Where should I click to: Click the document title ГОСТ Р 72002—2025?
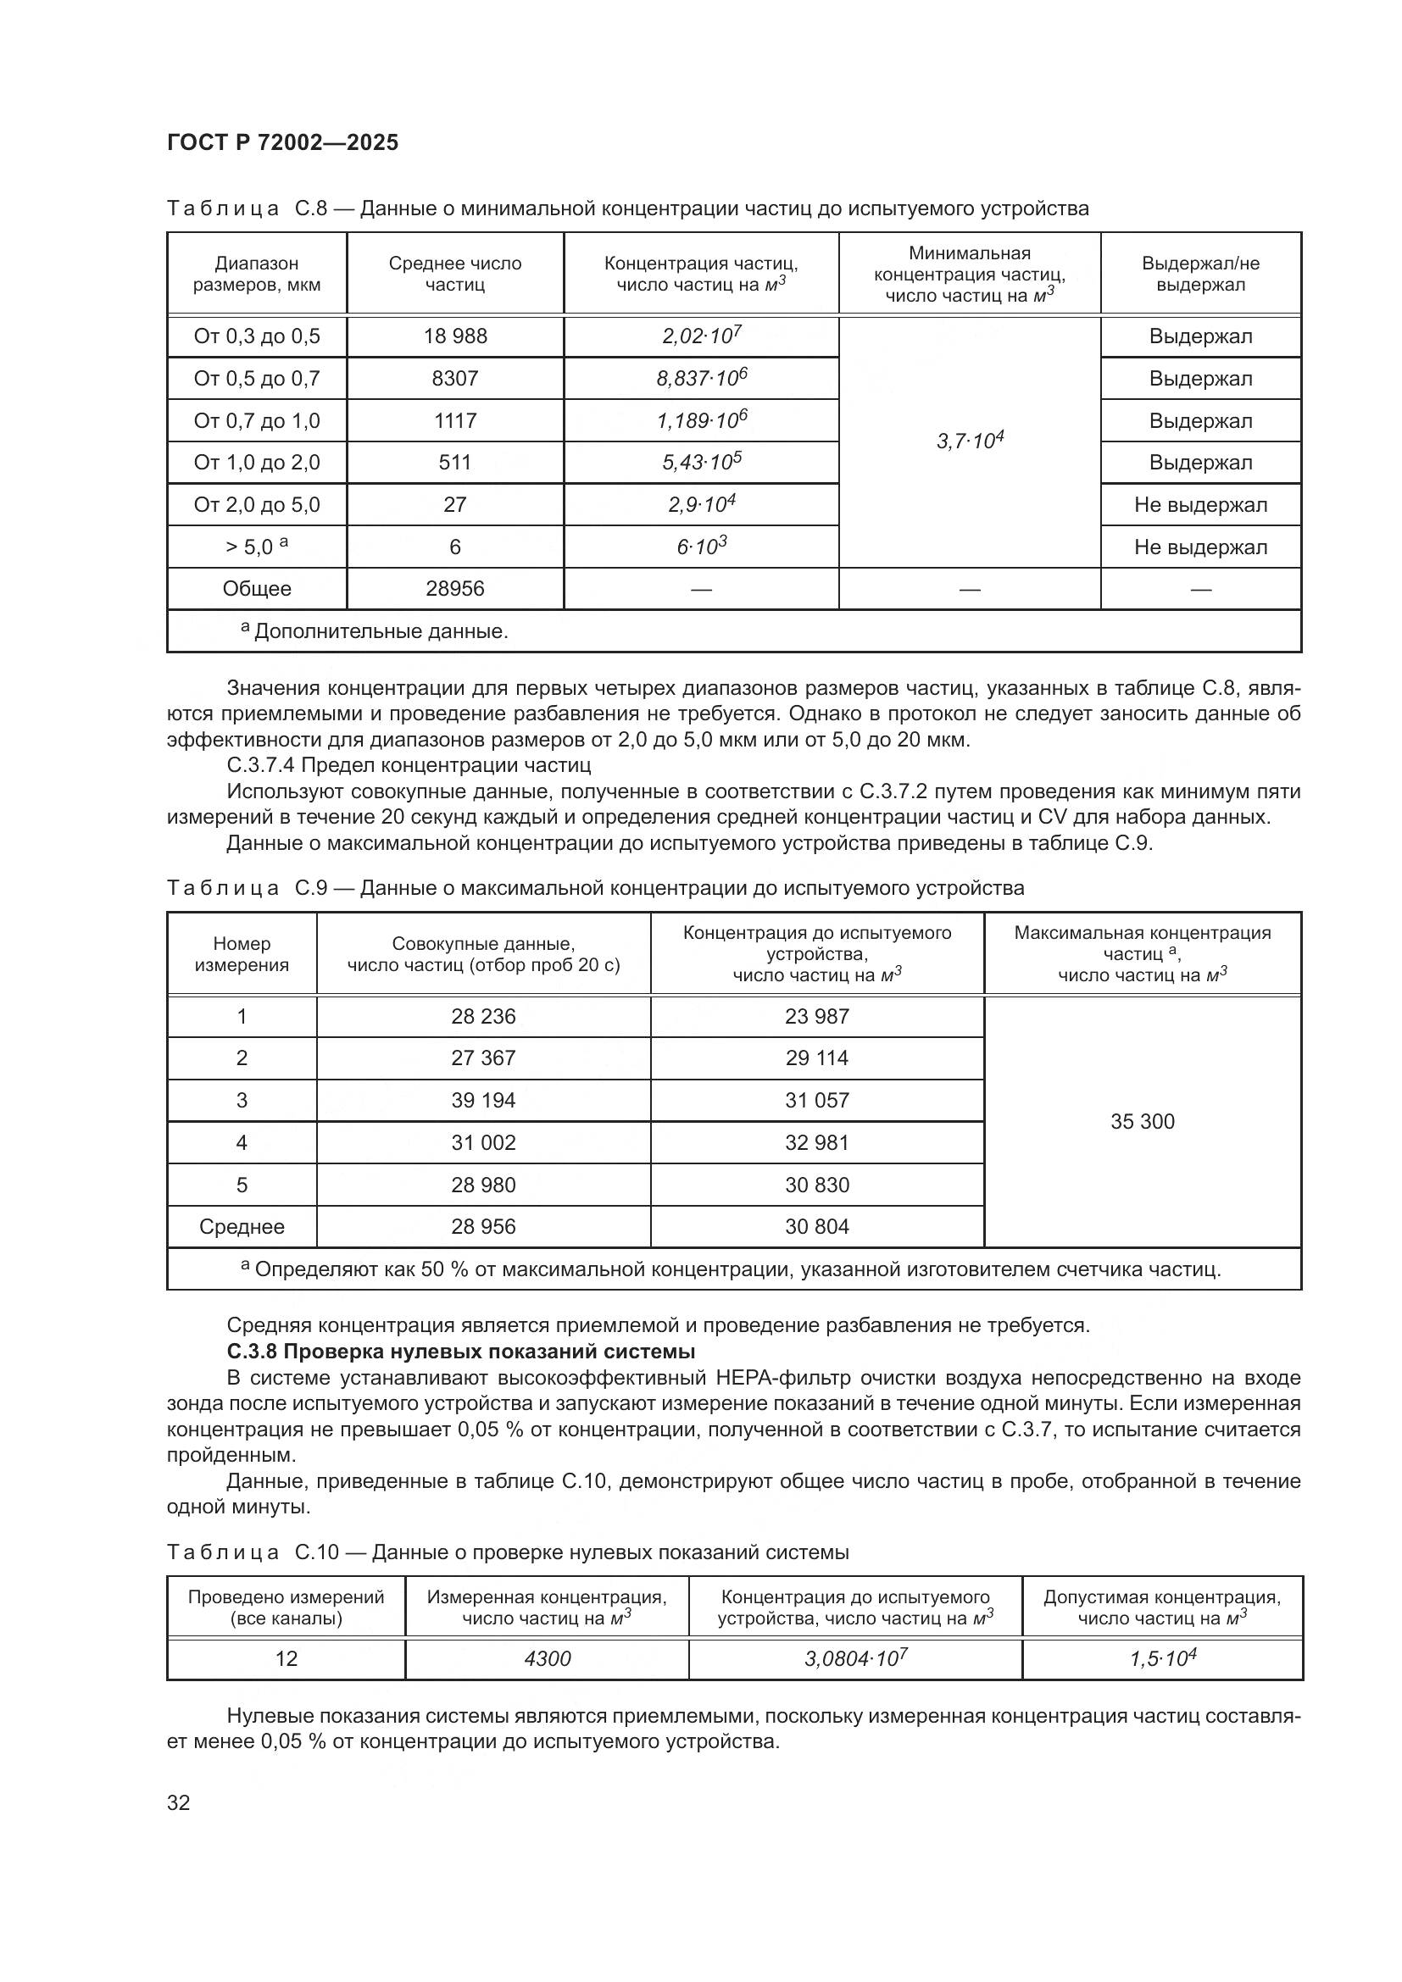click(x=282, y=143)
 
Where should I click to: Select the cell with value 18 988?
click(x=455, y=336)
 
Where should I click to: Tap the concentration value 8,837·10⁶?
click(x=701, y=379)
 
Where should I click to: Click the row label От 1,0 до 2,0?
click(x=256, y=463)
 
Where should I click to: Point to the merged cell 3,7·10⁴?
click(x=970, y=441)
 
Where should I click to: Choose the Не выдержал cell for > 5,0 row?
click(x=1200, y=547)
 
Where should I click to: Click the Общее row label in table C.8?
click(x=256, y=589)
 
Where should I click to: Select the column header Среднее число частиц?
click(x=455, y=274)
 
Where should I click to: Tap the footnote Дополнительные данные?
click(x=380, y=632)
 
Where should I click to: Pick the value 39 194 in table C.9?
click(x=482, y=1101)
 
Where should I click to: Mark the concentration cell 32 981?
click(x=816, y=1143)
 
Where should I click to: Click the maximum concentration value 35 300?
click(x=1141, y=1121)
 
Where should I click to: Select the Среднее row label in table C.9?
click(x=242, y=1227)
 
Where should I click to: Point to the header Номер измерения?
click(x=242, y=954)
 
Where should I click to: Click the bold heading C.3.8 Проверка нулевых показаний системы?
click(x=461, y=1351)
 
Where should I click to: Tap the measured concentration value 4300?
click(x=547, y=1658)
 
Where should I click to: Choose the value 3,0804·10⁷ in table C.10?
click(x=854, y=1658)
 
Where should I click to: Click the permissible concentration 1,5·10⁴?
click(x=1162, y=1658)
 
